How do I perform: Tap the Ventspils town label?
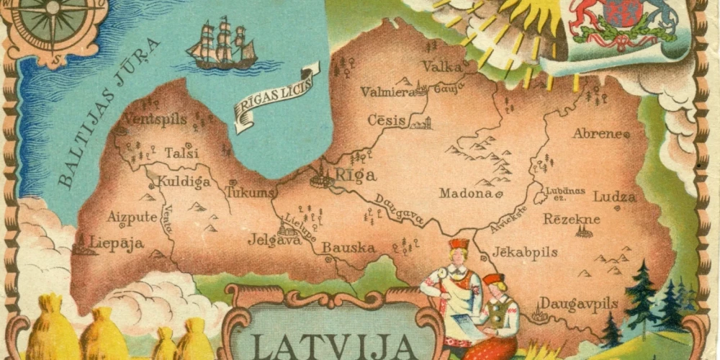pos(155,119)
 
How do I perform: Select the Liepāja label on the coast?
pos(117,243)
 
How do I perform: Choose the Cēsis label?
pos(387,120)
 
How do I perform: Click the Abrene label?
pos(597,133)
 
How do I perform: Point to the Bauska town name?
pos(348,248)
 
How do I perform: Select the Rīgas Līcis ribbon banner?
pos(276,97)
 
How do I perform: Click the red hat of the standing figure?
pos(458,244)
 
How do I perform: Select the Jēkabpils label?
pos(525,253)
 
